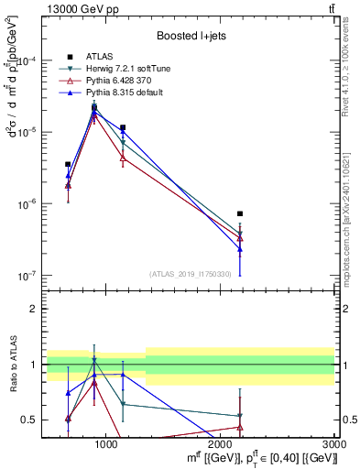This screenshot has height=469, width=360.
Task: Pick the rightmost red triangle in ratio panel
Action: [240, 427]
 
